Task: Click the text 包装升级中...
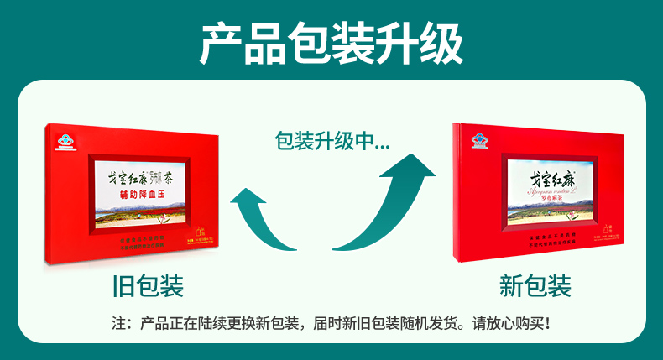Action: pos(331,140)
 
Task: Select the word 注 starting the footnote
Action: pos(117,323)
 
